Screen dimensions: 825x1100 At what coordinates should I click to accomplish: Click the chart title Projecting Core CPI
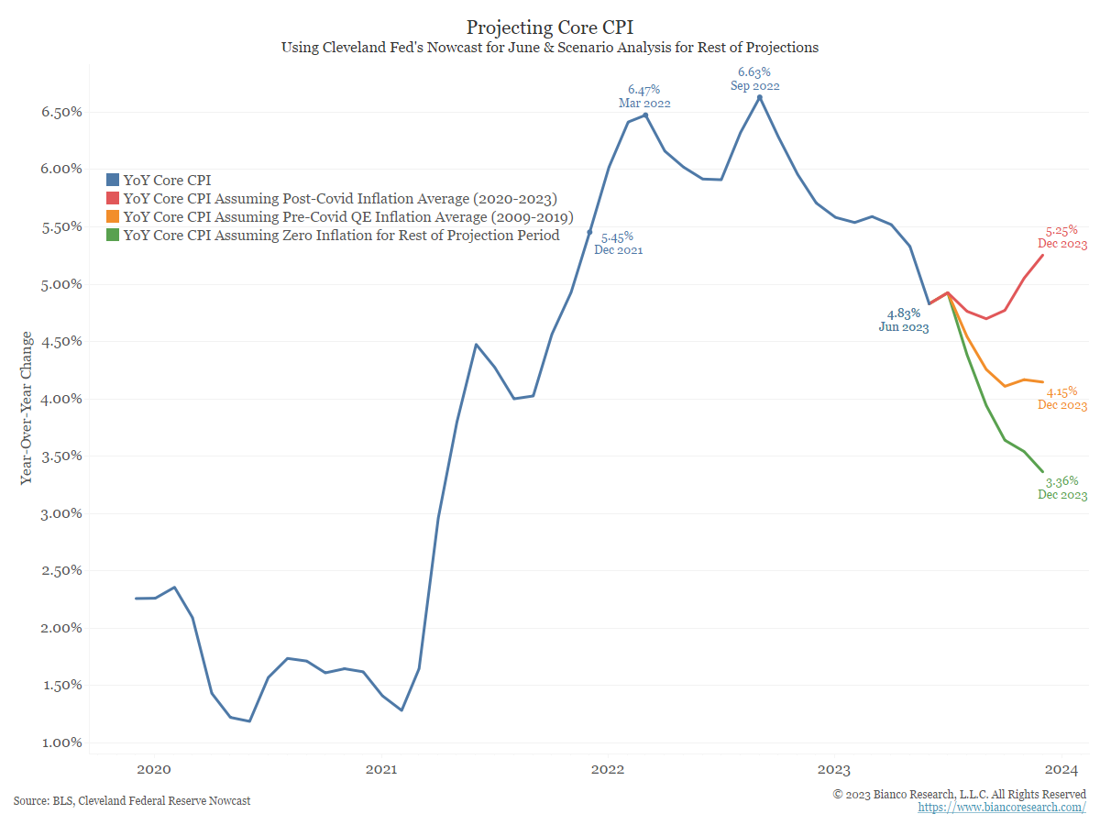pos(549,27)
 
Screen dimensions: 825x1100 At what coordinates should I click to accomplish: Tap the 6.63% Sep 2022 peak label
pos(754,78)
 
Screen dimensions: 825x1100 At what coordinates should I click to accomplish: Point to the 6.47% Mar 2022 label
pos(644,96)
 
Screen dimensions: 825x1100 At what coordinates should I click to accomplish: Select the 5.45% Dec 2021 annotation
pos(618,243)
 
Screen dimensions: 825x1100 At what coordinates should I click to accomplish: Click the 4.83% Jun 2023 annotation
pos(903,320)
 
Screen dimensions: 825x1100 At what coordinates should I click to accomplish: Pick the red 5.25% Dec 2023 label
pos(1061,237)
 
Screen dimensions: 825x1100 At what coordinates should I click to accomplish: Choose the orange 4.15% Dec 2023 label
pos(1061,398)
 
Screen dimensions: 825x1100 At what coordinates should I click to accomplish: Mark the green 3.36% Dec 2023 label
pos(1061,488)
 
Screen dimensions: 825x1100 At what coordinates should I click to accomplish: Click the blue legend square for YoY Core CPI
pos(113,181)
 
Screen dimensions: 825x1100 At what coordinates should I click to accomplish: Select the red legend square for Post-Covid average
pos(113,199)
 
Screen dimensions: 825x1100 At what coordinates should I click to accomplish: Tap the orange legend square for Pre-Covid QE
pos(113,217)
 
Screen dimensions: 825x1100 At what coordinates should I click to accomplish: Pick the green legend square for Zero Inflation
pos(113,236)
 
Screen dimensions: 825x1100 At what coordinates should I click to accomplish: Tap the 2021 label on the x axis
pos(380,769)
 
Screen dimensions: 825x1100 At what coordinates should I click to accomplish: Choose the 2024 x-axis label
pos(1061,769)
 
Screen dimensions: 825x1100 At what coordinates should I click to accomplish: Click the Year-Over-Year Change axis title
pos(27,408)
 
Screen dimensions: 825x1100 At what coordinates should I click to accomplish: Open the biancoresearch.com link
pos(1002,808)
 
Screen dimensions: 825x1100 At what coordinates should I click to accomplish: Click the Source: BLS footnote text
pos(132,801)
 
